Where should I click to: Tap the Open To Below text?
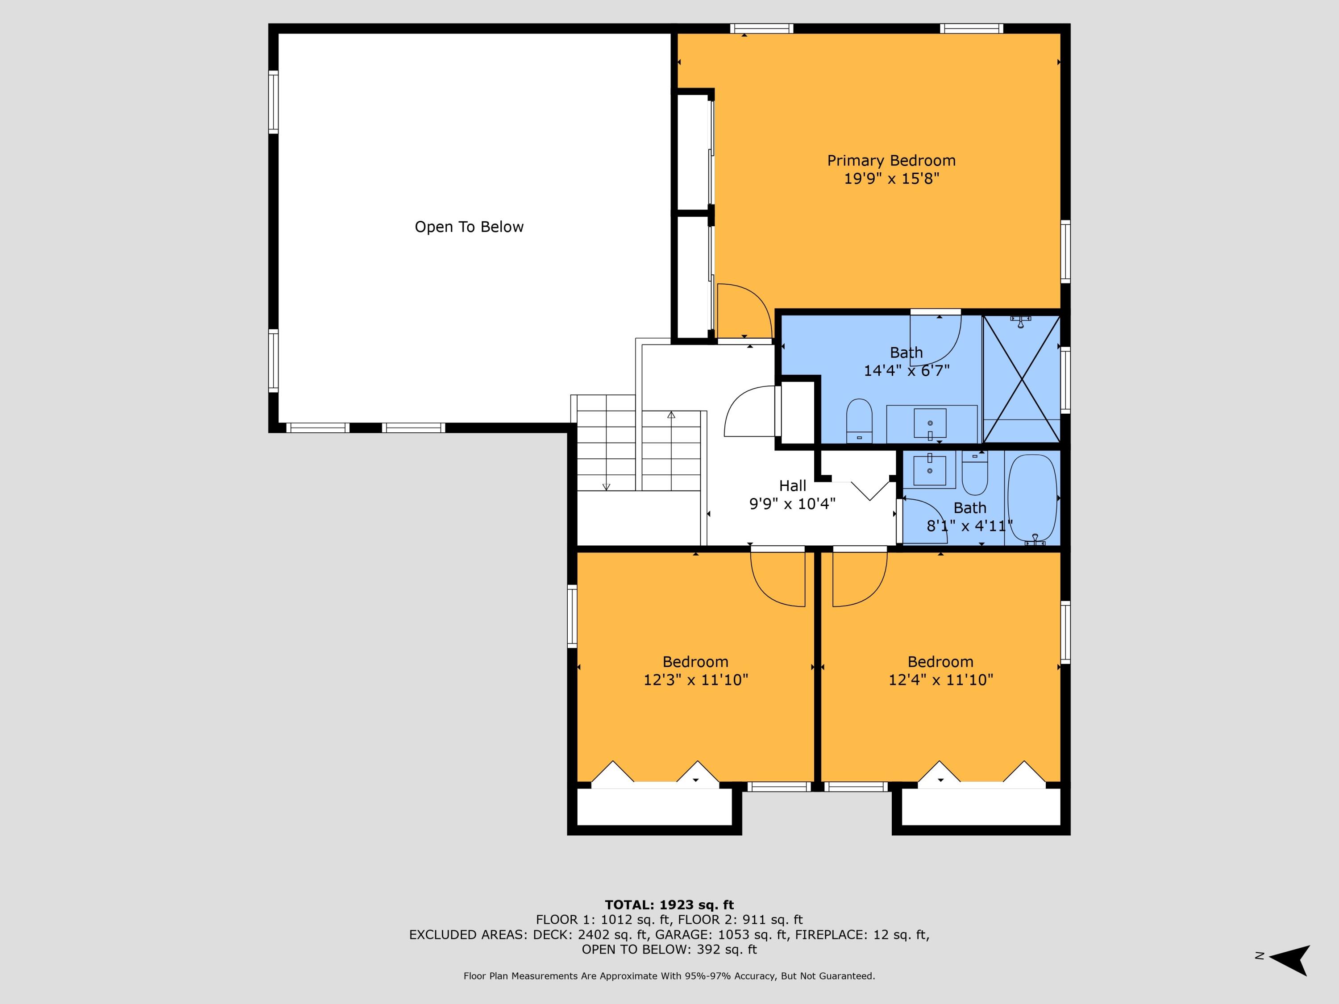[469, 227]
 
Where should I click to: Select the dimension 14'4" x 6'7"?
[906, 370]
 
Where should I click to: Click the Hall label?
[792, 486]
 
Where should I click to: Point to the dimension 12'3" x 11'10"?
[695, 680]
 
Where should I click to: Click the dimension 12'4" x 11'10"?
[940, 680]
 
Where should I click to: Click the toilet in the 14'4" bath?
[859, 419]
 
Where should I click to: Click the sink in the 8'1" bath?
[929, 469]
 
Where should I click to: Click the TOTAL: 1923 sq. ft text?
[669, 905]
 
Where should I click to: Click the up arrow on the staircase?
[671, 415]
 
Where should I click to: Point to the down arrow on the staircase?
[606, 486]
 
